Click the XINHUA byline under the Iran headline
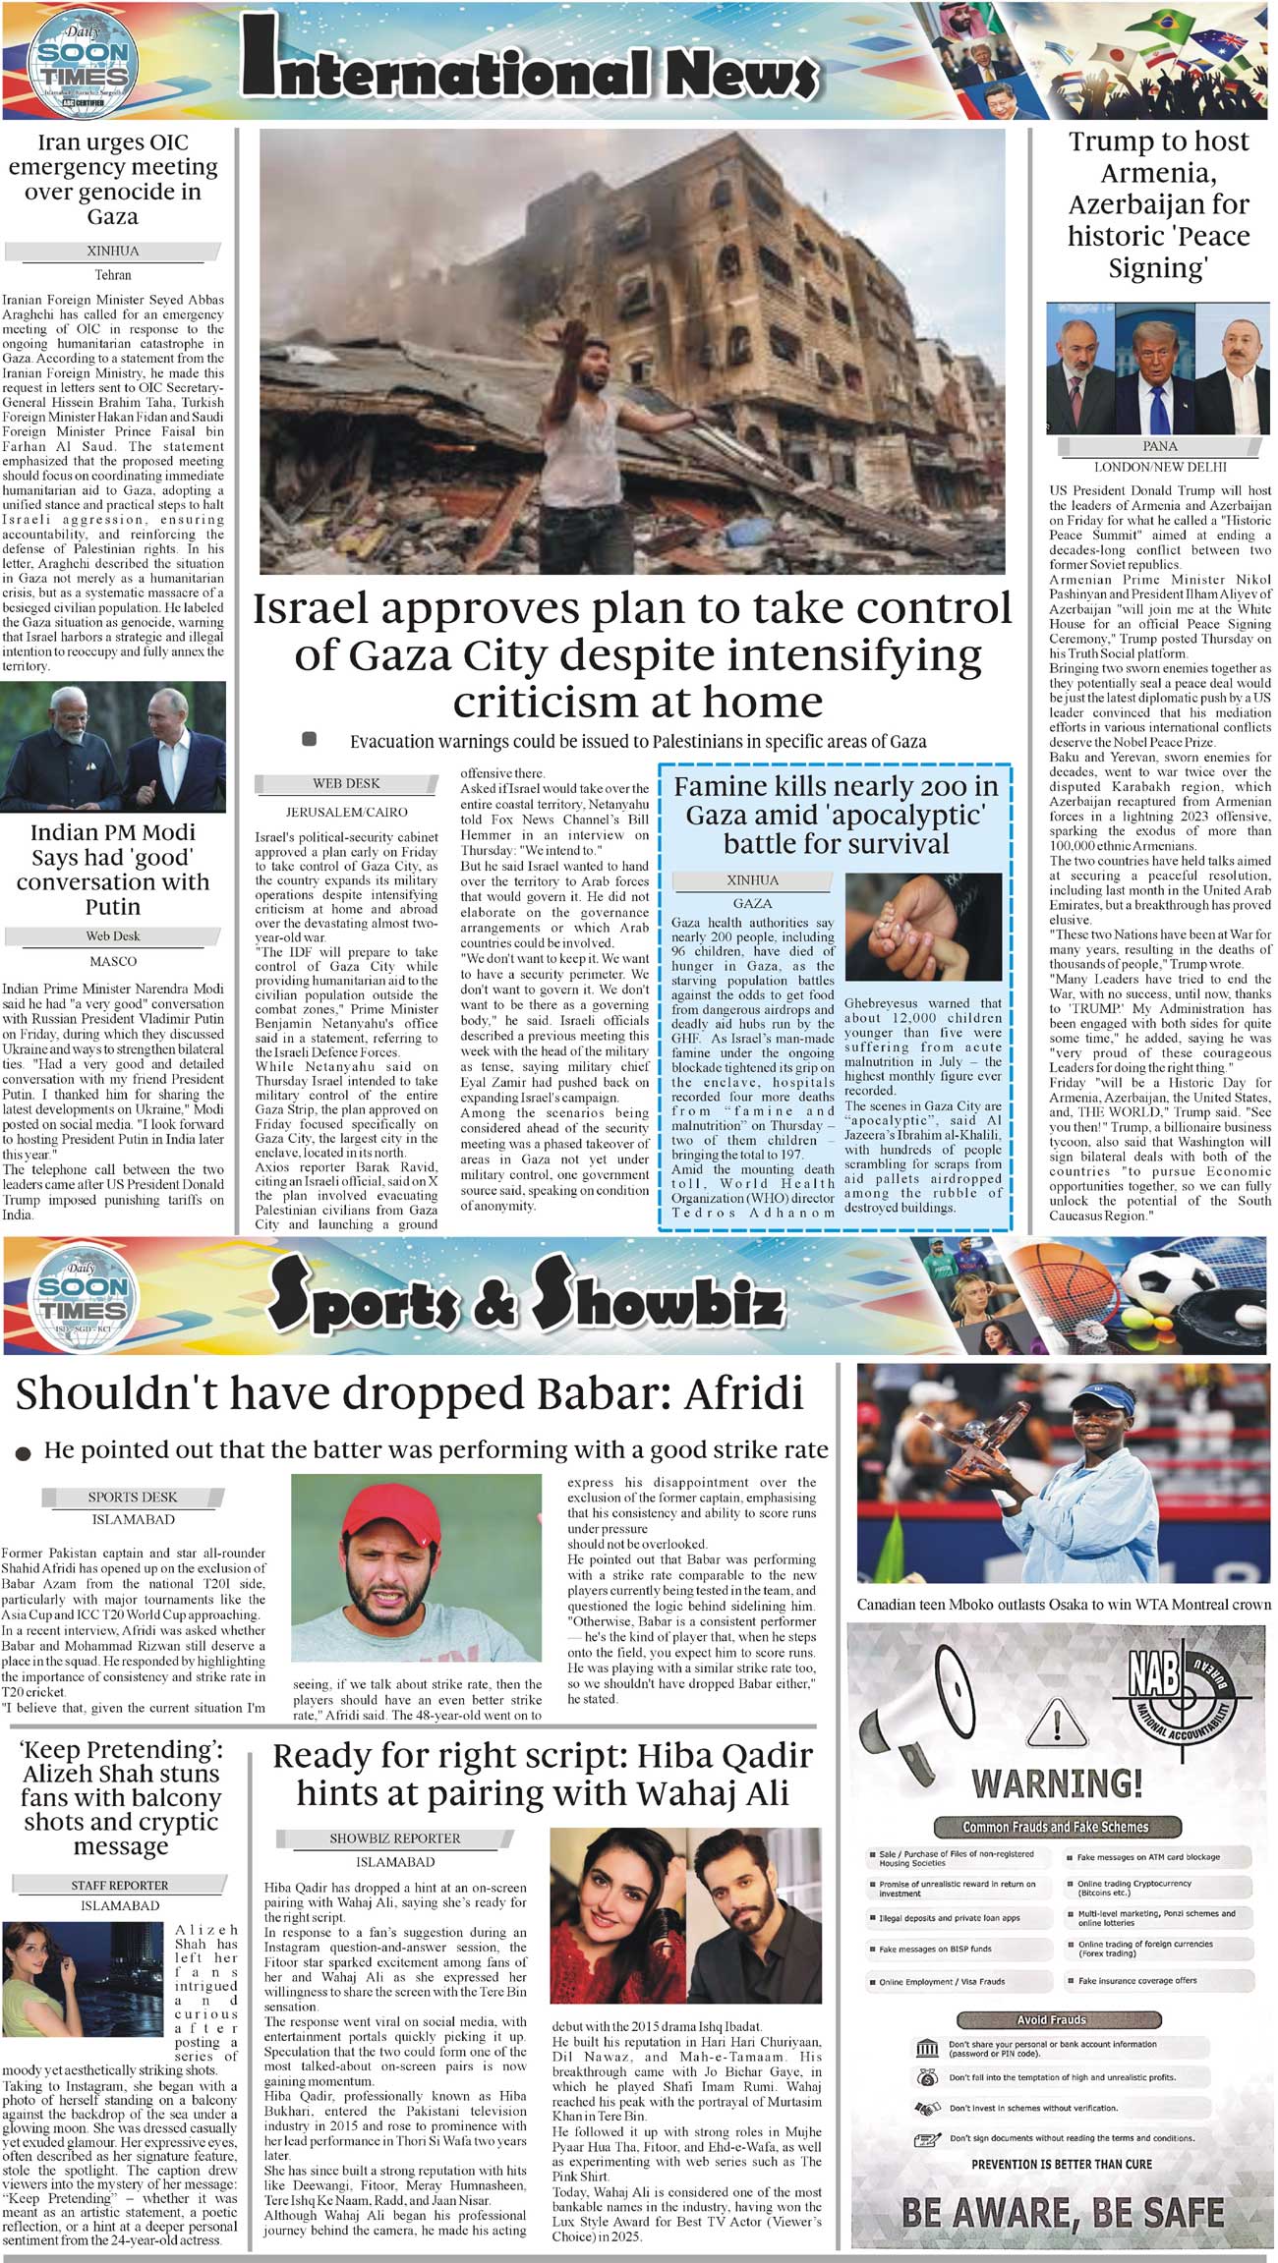[113, 252]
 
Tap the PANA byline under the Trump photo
[1160, 447]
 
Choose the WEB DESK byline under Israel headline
[346, 784]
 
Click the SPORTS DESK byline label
[133, 1498]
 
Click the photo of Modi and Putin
[113, 747]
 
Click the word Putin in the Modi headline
[113, 906]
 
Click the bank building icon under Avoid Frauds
[926, 2049]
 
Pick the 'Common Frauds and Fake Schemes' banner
[1055, 1827]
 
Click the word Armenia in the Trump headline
[1158, 174]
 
